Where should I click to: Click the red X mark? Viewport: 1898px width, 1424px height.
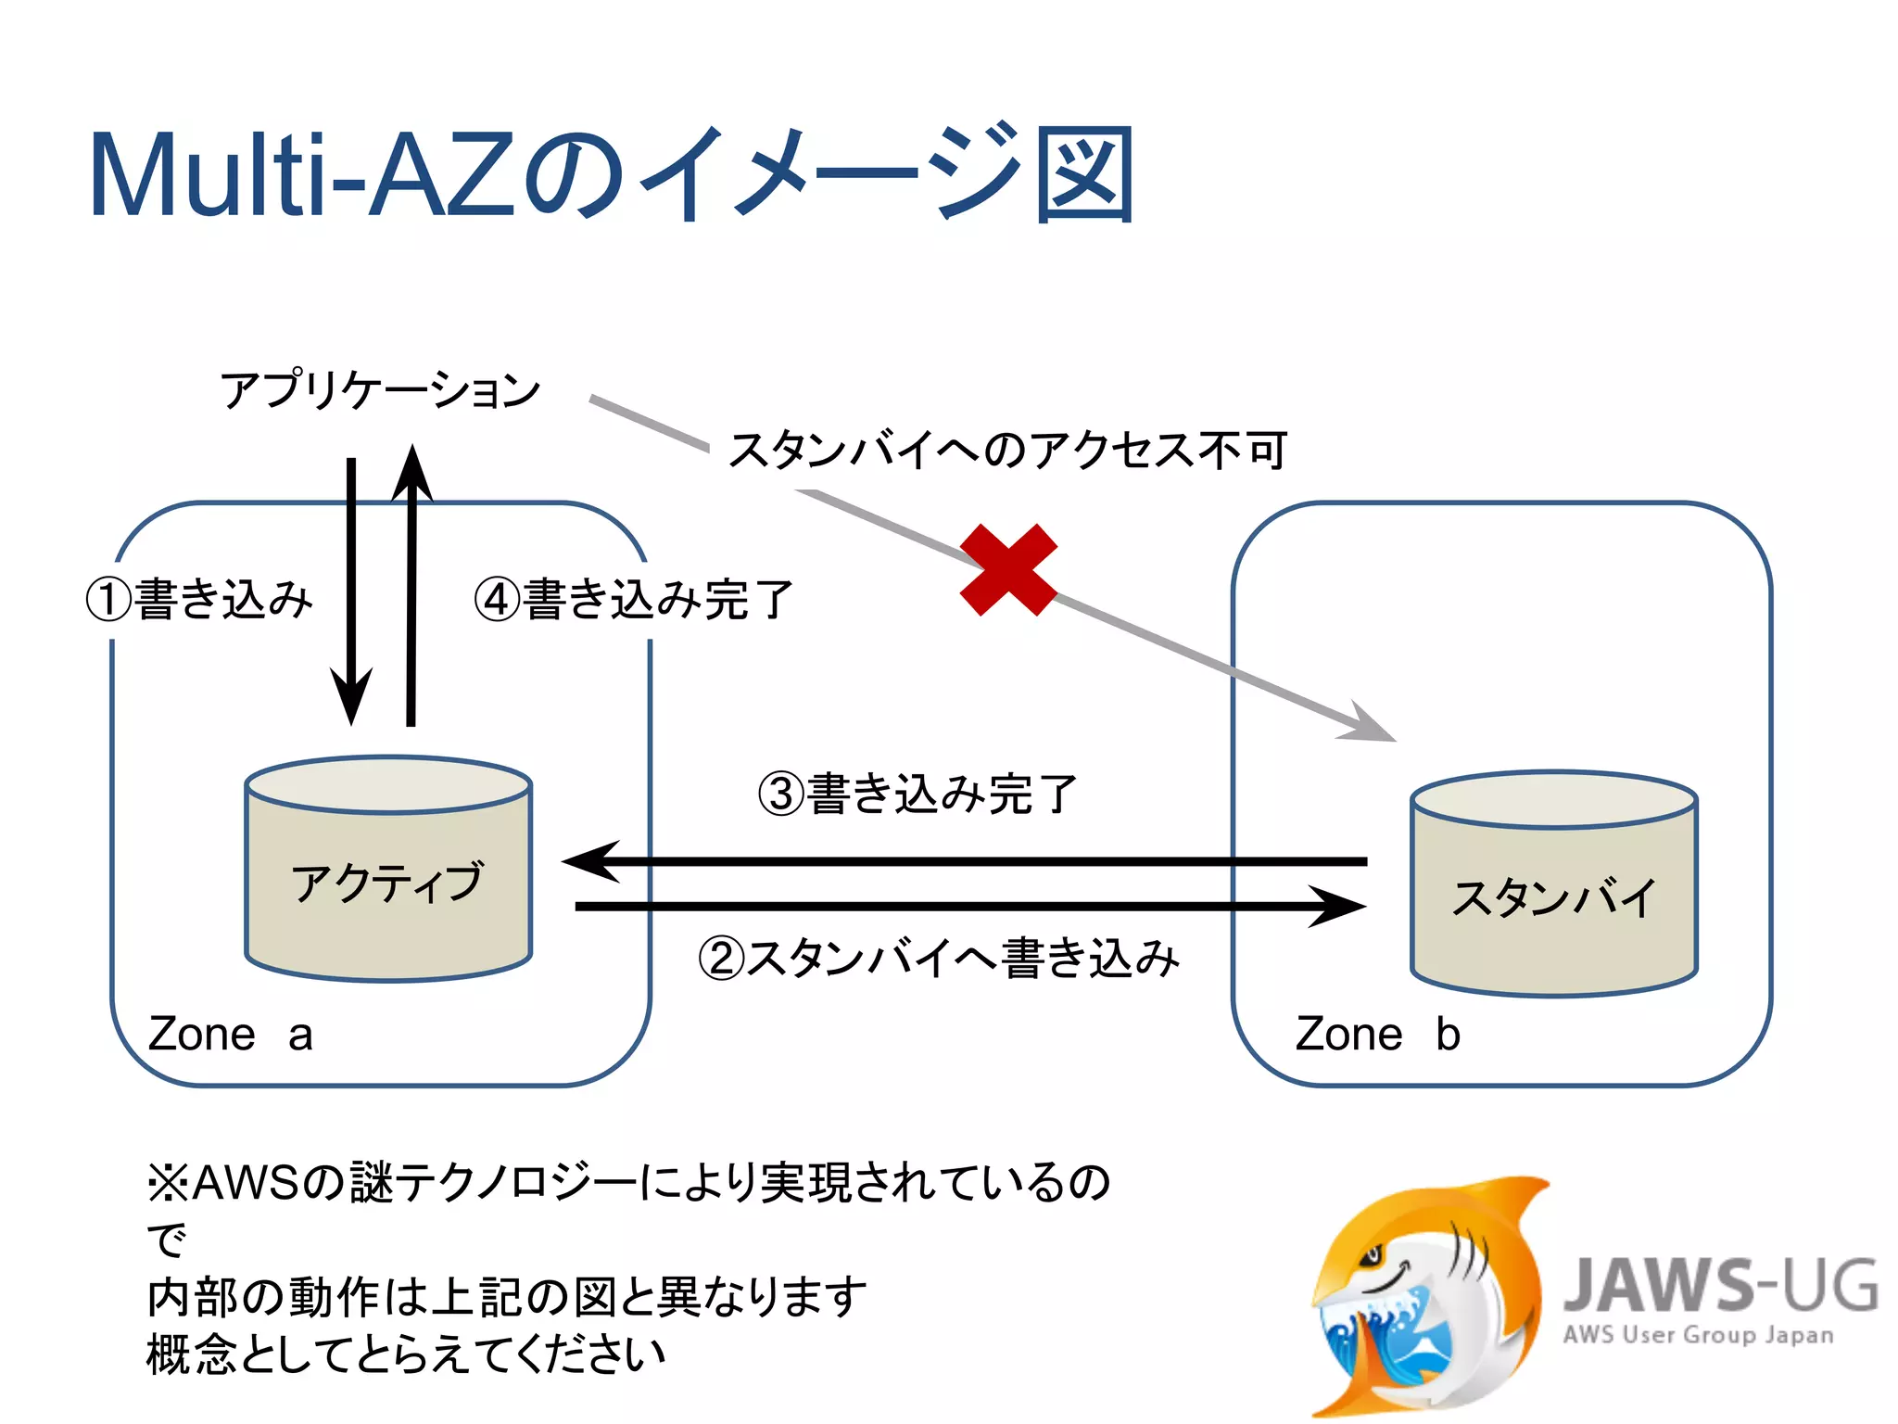coord(1008,569)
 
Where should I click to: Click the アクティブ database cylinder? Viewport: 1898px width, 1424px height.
coord(387,870)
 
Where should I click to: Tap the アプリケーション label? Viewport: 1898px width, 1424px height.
coord(380,389)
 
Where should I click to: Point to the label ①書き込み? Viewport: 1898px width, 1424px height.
coord(200,599)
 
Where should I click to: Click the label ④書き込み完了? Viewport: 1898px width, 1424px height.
coord(634,599)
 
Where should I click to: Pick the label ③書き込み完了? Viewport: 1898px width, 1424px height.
coord(917,795)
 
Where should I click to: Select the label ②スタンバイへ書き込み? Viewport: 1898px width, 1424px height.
coord(938,958)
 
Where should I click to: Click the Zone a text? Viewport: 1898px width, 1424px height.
coord(230,1034)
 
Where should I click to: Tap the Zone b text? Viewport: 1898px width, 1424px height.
coord(1377,1034)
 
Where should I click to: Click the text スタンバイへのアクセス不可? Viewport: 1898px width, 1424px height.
coord(1006,451)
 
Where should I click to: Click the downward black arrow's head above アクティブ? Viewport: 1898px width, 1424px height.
coord(351,700)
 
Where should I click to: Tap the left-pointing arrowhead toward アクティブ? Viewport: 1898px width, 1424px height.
coord(589,861)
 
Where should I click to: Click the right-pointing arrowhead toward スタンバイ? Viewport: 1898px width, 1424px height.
coord(1340,906)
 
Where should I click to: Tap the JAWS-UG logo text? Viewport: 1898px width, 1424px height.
coord(1720,1285)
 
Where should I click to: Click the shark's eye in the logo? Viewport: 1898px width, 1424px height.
coord(1369,1257)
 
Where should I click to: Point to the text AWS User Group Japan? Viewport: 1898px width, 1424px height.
coord(1698,1335)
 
